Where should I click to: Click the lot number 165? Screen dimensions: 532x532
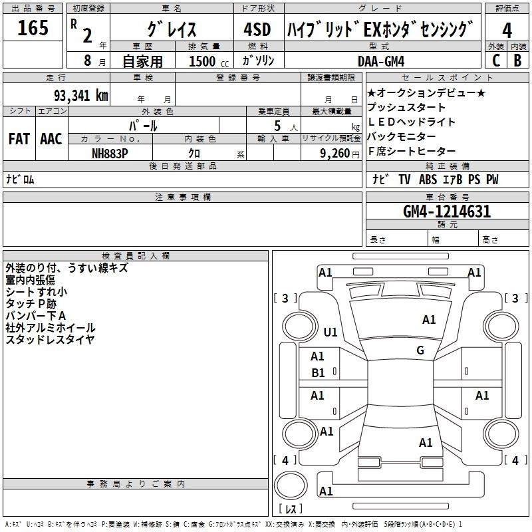click(x=33, y=27)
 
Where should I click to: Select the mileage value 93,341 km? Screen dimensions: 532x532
click(x=81, y=96)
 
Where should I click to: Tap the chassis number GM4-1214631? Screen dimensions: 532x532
click(x=447, y=211)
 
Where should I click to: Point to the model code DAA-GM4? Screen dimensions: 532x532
click(x=381, y=61)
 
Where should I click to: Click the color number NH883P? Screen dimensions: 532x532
click(x=110, y=154)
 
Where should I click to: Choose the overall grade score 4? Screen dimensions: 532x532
click(x=507, y=30)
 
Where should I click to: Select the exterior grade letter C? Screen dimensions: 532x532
click(x=496, y=61)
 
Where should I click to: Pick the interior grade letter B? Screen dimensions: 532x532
click(x=517, y=61)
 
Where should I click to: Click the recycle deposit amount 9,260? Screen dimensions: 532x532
click(x=335, y=154)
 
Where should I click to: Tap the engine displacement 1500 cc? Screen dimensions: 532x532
click(x=209, y=61)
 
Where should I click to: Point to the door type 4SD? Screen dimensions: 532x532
click(x=257, y=29)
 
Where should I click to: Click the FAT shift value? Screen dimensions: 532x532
click(x=19, y=139)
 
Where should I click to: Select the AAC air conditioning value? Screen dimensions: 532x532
click(x=51, y=139)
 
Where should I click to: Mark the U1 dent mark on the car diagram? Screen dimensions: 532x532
click(x=331, y=332)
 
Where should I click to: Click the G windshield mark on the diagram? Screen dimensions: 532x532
click(x=420, y=350)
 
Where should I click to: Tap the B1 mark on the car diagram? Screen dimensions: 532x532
click(x=318, y=373)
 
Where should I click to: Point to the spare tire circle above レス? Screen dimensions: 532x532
click(x=291, y=485)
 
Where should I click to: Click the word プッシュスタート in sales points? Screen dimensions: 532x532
click(x=406, y=107)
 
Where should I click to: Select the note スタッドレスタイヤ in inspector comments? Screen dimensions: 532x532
click(x=51, y=339)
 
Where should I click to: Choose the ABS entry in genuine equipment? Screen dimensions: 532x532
click(x=428, y=179)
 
